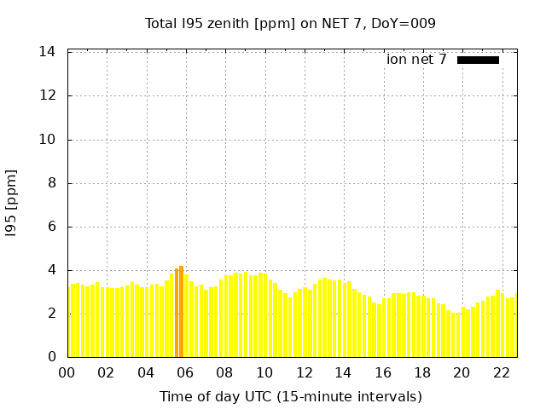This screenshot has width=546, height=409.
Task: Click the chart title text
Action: tap(290, 23)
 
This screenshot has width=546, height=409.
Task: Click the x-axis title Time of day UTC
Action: tap(290, 396)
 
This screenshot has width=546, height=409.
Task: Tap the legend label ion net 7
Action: tap(416, 60)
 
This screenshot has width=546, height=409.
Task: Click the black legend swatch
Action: tap(478, 60)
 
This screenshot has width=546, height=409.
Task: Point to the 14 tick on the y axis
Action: tap(48, 52)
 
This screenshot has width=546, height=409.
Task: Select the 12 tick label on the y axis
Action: tap(48, 95)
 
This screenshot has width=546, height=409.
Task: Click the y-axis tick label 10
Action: tap(48, 139)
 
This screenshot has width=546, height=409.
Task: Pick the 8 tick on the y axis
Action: tap(51, 182)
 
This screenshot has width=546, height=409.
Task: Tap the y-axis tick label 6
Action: tap(51, 227)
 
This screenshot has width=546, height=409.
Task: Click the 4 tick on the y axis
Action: tap(51, 270)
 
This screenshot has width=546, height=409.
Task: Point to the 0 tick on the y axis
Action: tap(51, 357)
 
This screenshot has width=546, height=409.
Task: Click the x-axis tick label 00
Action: tap(67, 372)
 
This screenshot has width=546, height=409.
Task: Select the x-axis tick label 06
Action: tap(185, 372)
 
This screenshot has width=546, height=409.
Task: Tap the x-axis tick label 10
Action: tap(264, 372)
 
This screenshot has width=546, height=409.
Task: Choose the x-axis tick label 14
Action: tap(343, 372)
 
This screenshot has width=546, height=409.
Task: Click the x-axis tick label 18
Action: tap(422, 372)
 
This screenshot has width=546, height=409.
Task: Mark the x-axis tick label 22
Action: tap(502, 372)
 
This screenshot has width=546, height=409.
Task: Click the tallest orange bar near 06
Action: tap(181, 312)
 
